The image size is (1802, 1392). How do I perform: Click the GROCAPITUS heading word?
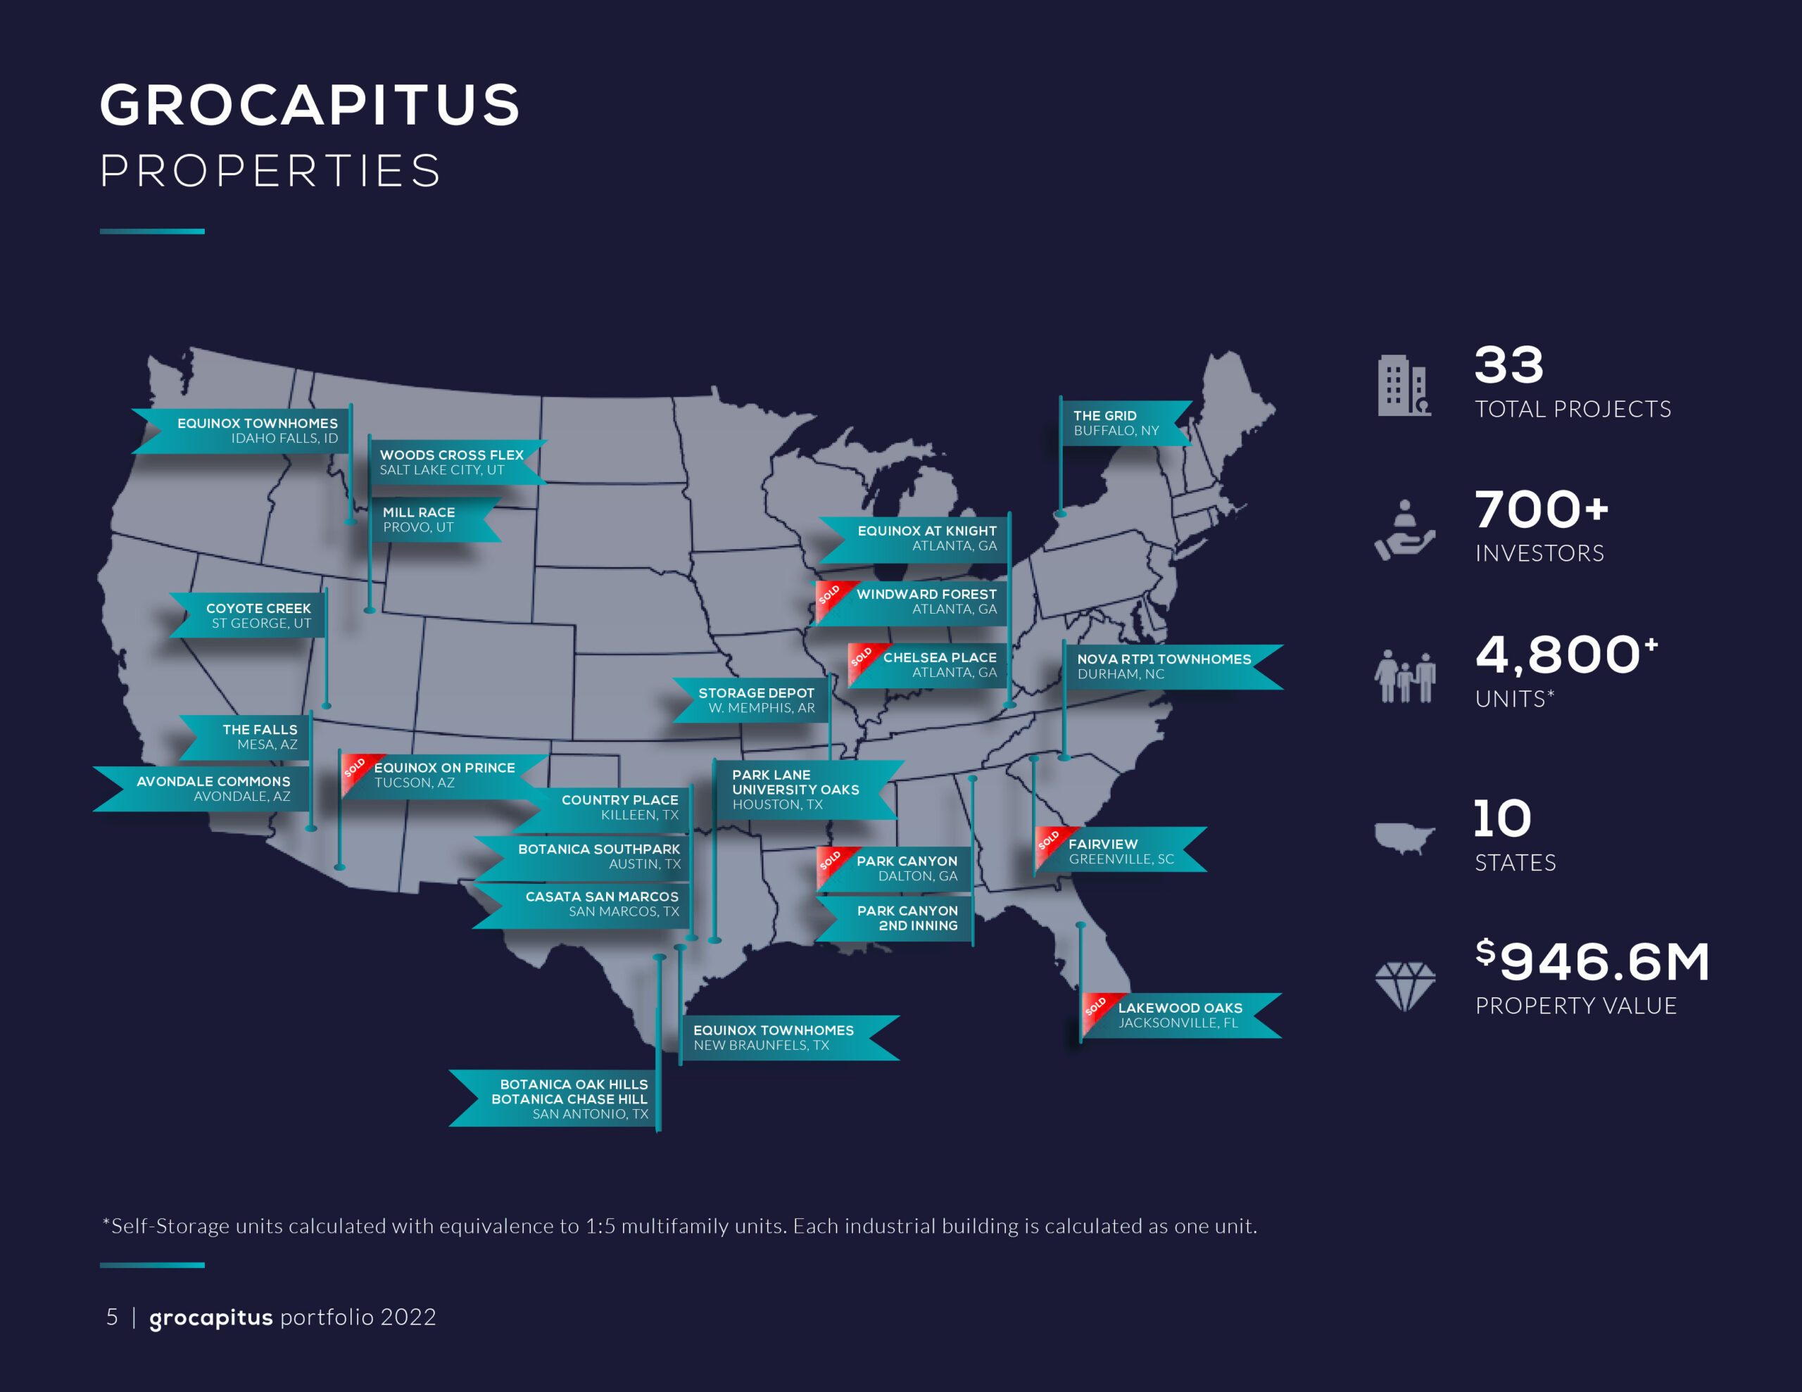310,105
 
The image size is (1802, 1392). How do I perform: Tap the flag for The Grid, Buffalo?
1122,423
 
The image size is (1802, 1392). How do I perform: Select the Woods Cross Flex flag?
452,462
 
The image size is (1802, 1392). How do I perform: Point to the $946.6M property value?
1592,961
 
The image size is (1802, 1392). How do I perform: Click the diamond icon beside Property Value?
1404,986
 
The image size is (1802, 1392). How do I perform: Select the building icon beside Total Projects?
1403,386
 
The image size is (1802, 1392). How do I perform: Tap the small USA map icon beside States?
1404,837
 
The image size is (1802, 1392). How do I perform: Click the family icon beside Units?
1404,676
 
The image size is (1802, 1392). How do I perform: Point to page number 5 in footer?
112,1317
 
